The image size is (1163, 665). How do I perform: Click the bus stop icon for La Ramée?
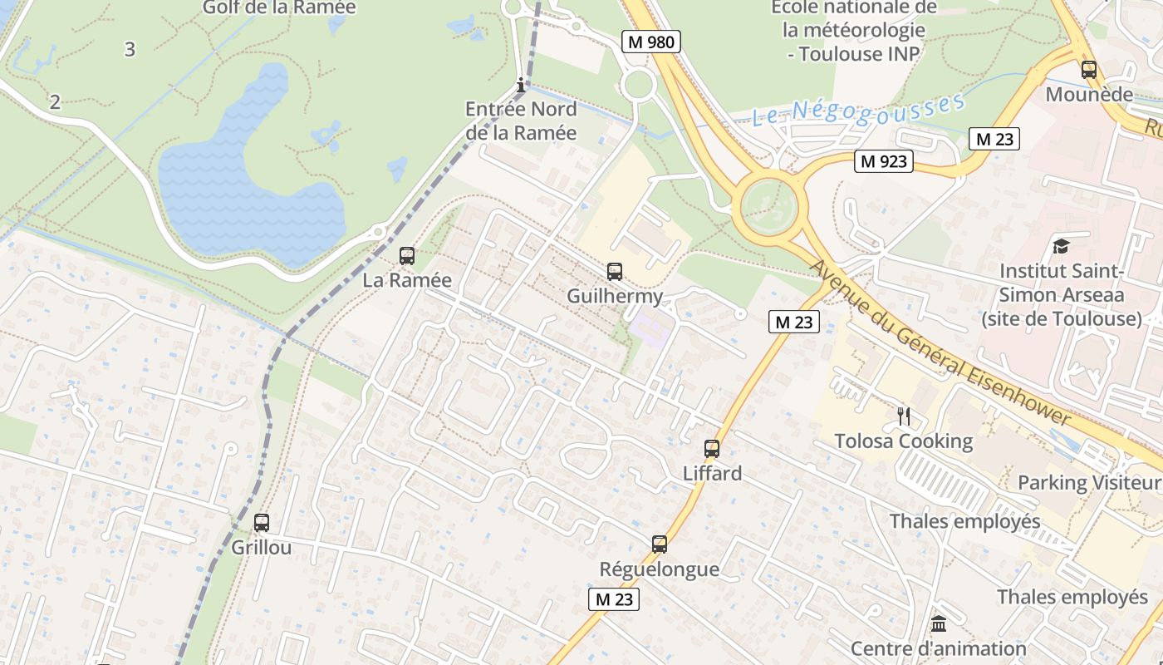click(x=407, y=256)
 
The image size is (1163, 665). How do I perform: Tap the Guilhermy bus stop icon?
click(x=615, y=271)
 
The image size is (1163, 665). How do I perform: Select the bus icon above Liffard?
click(x=712, y=449)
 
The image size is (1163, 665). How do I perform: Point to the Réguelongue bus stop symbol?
click(x=660, y=544)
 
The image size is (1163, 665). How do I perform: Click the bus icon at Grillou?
click(x=262, y=523)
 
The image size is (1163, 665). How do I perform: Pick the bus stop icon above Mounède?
click(x=1089, y=70)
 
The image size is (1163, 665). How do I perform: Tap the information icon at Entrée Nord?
click(x=521, y=85)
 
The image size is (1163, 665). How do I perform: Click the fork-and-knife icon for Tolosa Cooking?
click(x=904, y=416)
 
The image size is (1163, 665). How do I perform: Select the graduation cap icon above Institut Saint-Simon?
click(x=1061, y=246)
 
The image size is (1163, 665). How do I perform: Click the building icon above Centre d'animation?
click(x=939, y=623)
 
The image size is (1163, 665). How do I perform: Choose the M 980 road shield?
click(x=651, y=42)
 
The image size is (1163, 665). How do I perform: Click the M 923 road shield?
click(x=884, y=161)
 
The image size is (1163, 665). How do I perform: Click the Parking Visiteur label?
click(x=1089, y=482)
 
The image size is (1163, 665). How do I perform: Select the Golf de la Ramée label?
click(x=279, y=8)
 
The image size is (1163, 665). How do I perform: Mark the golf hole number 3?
click(x=130, y=49)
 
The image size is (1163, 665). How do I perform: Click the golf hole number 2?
click(x=55, y=102)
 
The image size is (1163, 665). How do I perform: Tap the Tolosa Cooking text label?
click(x=903, y=441)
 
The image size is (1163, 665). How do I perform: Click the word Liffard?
click(x=712, y=473)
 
